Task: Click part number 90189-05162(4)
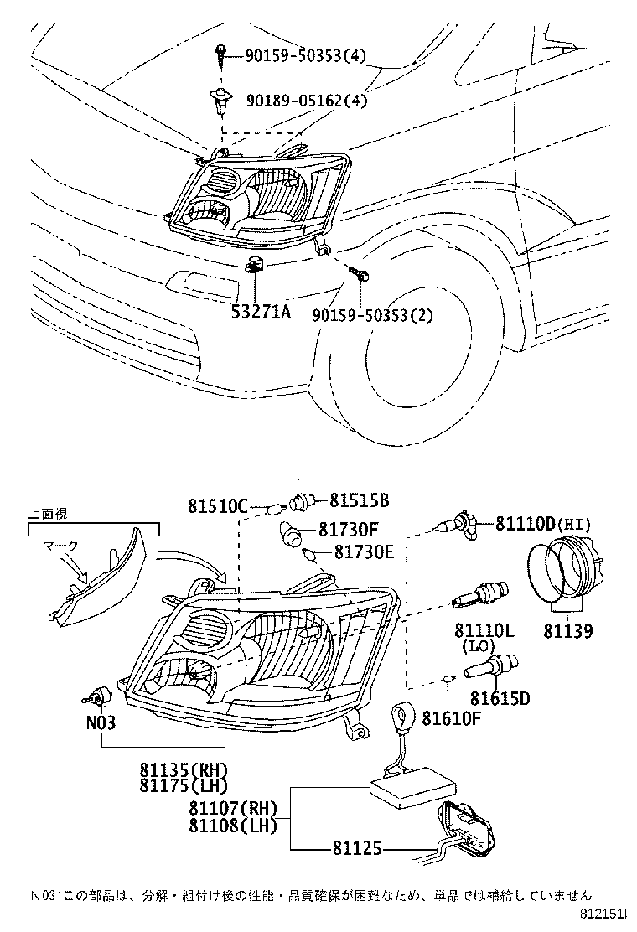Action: click(307, 101)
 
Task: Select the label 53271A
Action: click(261, 313)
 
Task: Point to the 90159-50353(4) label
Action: click(306, 55)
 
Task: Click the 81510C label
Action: click(218, 506)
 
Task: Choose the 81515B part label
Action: click(359, 500)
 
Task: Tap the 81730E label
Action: click(364, 552)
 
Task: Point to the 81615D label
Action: click(500, 697)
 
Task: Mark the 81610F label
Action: click(452, 717)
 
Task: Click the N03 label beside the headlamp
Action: click(100, 722)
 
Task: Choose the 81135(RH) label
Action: click(184, 769)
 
